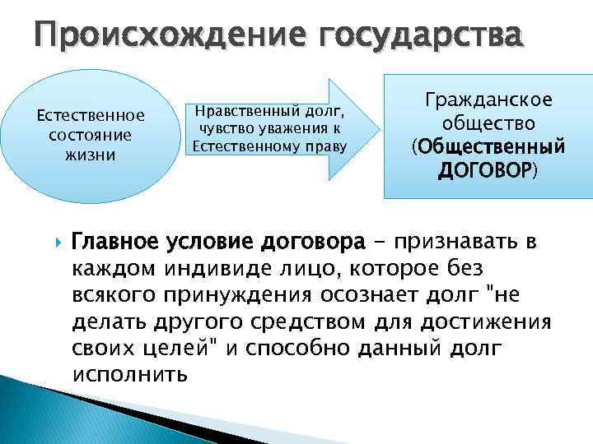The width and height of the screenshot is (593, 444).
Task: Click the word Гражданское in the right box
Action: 488,100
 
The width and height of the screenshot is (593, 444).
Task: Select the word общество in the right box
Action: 488,123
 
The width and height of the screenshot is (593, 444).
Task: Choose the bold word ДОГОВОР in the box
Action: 484,171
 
